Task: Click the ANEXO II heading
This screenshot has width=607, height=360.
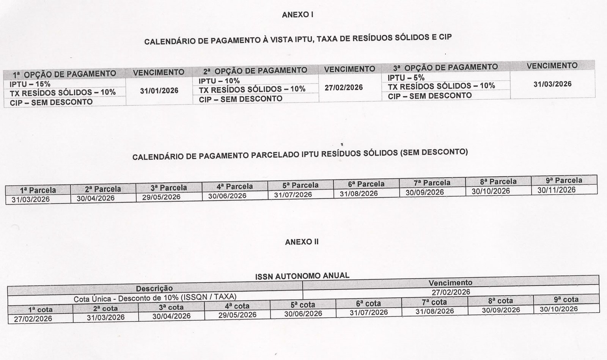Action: click(302, 242)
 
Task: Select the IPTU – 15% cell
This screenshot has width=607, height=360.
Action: click(30, 84)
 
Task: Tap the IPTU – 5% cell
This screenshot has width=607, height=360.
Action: click(406, 78)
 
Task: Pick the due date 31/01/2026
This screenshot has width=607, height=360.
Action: click(159, 91)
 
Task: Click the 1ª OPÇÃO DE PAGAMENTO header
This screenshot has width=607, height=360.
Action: click(65, 74)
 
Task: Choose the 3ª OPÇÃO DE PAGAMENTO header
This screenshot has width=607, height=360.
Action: click(445, 68)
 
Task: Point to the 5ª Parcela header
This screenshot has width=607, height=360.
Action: click(300, 185)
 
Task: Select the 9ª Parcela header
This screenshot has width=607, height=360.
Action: click(564, 180)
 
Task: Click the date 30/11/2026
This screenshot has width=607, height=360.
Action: click(556, 190)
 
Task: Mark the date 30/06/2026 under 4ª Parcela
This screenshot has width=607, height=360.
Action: click(227, 196)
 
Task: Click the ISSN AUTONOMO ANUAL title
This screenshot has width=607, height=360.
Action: click(302, 275)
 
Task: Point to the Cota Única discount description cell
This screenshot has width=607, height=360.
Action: click(155, 297)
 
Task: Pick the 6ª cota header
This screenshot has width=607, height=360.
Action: click(368, 303)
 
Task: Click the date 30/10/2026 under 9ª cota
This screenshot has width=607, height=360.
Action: click(559, 309)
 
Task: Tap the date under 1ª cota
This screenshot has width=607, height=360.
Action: click(33, 319)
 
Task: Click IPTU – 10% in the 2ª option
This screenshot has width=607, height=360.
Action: click(219, 81)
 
